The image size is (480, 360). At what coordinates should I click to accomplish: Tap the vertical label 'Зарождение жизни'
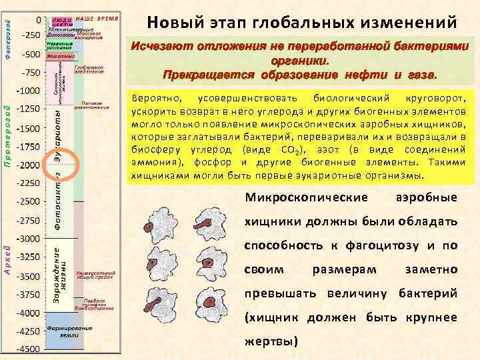click(x=59, y=273)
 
